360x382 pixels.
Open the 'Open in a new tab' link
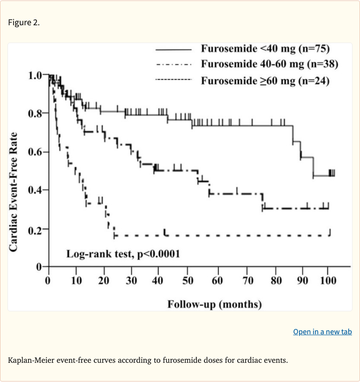(x=322, y=332)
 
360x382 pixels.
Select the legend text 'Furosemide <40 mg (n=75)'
(x=266, y=49)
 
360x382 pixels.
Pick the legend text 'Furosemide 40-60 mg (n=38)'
(x=270, y=64)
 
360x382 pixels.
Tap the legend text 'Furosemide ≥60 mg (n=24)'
(x=265, y=81)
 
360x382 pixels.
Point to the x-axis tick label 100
(x=328, y=281)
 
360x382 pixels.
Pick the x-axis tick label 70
(x=248, y=281)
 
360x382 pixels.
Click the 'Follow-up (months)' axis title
(x=215, y=304)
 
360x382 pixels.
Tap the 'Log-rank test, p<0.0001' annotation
(x=123, y=254)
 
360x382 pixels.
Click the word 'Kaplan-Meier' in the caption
(x=29, y=360)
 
